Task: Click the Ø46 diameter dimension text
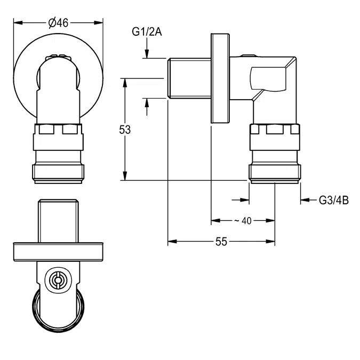[58, 23]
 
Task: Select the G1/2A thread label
[147, 31]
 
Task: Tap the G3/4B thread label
[334, 200]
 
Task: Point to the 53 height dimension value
[125, 130]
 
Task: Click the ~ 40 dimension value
[243, 221]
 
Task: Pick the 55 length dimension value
[221, 242]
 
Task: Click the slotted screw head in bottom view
[58, 279]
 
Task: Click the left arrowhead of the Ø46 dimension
[18, 23]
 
